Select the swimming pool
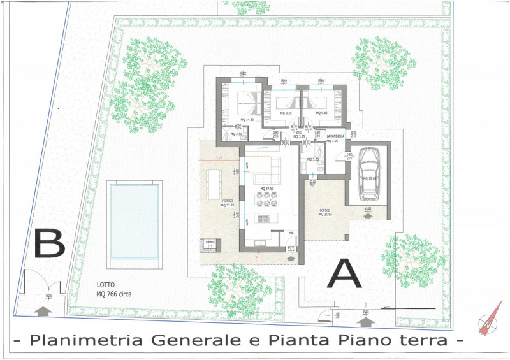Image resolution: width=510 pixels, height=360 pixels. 133,220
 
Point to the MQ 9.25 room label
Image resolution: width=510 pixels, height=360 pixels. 286,113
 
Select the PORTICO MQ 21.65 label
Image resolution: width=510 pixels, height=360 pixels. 326,212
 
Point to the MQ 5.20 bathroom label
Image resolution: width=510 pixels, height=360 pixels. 313,159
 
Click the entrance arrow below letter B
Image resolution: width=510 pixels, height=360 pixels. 43,310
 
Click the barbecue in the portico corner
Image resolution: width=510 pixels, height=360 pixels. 209,243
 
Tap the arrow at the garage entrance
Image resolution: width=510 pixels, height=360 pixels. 368,216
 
